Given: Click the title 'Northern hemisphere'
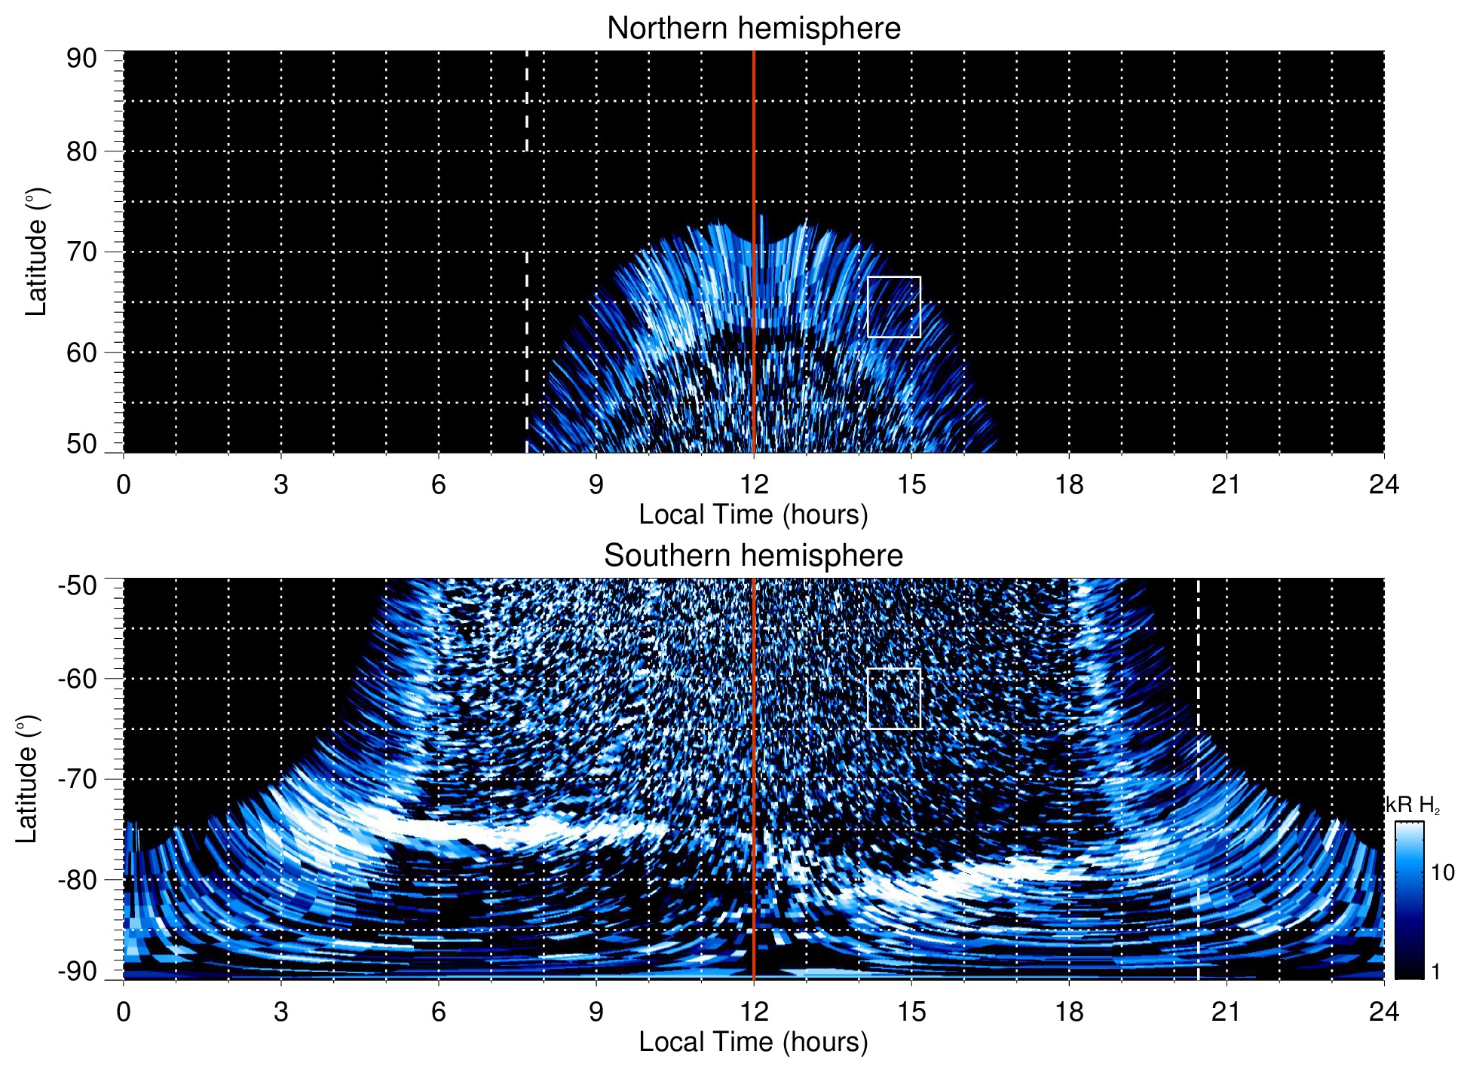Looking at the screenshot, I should pos(753,29).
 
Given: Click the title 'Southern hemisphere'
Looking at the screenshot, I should pos(753,556).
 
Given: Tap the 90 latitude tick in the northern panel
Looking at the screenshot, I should pos(81,59).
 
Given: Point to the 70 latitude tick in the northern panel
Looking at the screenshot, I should pos(81,252).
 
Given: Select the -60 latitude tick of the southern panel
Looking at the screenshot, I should pos(78,679).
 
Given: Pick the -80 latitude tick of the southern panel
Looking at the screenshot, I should pos(78,879).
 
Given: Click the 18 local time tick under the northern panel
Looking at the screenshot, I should pos(1068,484).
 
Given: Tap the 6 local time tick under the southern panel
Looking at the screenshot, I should pos(438,1012).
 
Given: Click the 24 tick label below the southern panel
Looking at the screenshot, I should pos(1383,1012).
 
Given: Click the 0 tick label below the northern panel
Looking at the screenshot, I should pos(124,484).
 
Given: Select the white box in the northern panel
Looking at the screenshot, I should pos(894,307).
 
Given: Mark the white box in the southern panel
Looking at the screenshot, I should pos(894,698).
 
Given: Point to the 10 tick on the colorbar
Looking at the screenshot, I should pos(1443,872).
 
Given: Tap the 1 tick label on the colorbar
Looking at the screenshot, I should pos(1435,972).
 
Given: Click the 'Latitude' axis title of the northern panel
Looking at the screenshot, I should pos(36,252).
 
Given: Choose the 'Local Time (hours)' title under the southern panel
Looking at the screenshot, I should pos(753,1042).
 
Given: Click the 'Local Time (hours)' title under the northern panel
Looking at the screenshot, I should pos(753,515).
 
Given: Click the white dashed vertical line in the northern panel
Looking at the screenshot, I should pos(526,301).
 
